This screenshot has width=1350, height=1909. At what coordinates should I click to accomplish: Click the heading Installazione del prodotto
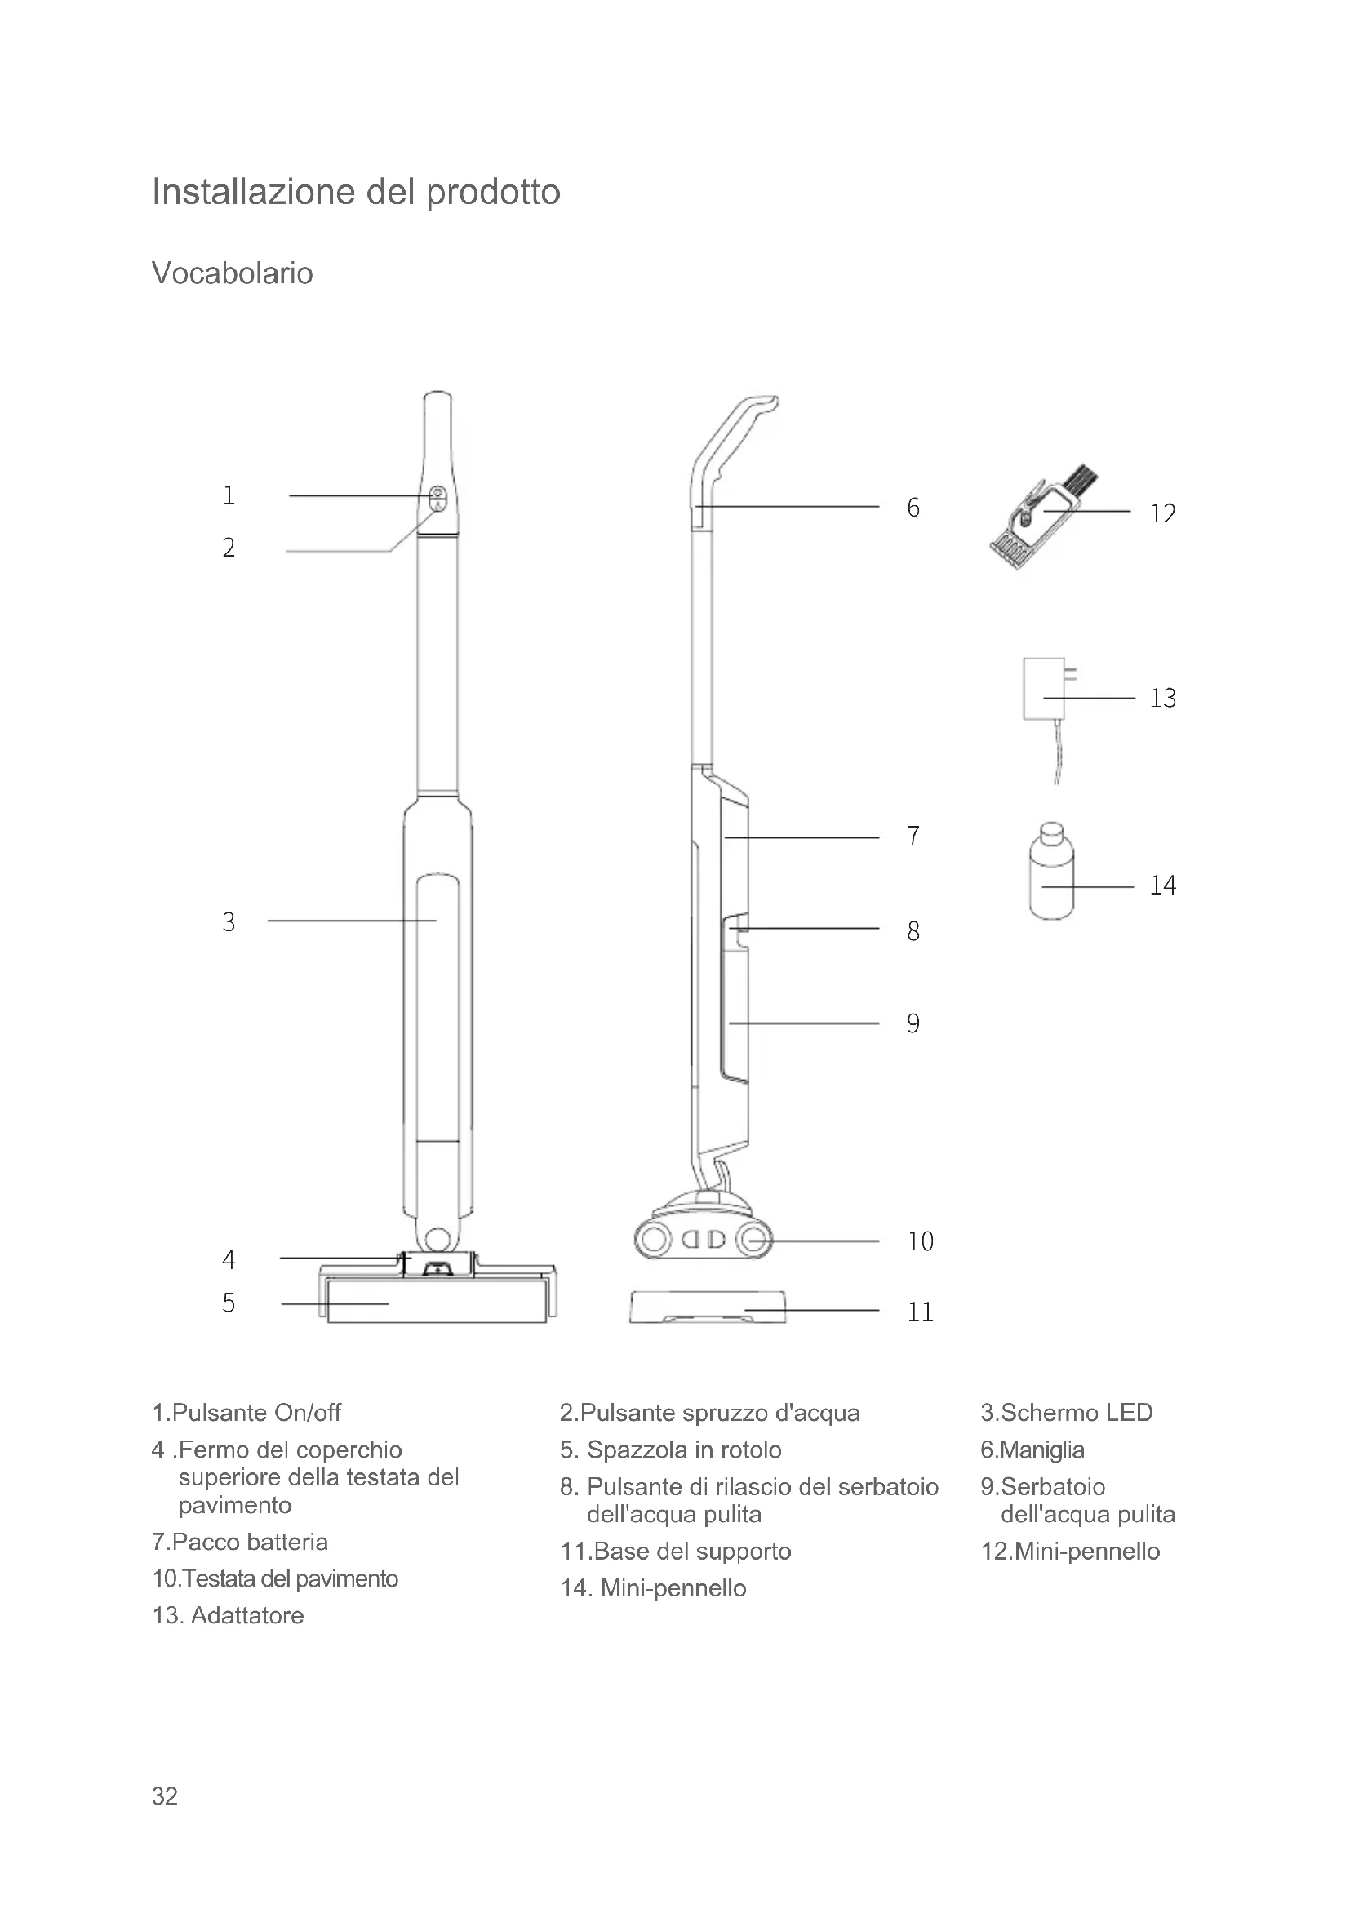(356, 192)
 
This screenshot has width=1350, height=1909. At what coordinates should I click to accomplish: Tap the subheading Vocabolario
(232, 273)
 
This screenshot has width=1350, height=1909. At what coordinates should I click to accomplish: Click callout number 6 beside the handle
(913, 507)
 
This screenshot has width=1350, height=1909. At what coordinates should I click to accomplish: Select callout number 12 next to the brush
(1162, 514)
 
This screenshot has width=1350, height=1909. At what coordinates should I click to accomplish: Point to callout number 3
(229, 921)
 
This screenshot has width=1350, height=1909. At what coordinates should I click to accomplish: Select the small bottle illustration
(1050, 873)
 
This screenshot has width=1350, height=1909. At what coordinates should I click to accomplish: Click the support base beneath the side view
(708, 1307)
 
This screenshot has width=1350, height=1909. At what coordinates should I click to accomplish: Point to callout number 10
(920, 1241)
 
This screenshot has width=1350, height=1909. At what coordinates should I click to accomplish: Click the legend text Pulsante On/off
(246, 1413)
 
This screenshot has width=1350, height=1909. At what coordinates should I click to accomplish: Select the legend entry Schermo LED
(1067, 1413)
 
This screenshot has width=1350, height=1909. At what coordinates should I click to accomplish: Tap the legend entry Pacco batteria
(240, 1543)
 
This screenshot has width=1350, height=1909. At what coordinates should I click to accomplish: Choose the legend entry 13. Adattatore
(228, 1615)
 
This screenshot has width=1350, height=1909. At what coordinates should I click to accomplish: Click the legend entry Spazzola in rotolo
(671, 1450)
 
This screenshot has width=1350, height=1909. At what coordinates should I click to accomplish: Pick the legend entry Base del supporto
(676, 1552)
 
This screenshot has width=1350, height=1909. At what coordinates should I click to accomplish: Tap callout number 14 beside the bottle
(1162, 886)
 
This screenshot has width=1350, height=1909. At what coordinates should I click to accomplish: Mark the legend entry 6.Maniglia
(1032, 1450)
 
